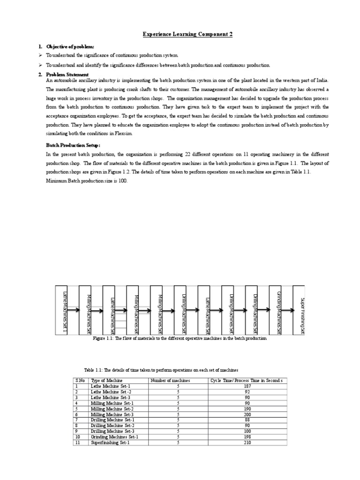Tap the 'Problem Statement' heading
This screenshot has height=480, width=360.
(66, 75)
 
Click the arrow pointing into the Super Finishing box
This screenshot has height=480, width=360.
(287, 310)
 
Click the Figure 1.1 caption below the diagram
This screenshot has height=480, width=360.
(180, 338)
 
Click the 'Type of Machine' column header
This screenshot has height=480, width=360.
(106, 380)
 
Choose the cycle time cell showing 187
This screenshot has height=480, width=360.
(247, 386)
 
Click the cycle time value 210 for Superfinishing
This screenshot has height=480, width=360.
(247, 442)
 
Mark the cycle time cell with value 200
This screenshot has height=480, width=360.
(247, 414)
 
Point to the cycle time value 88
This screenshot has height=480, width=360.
(247, 420)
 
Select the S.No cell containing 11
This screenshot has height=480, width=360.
(77, 442)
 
